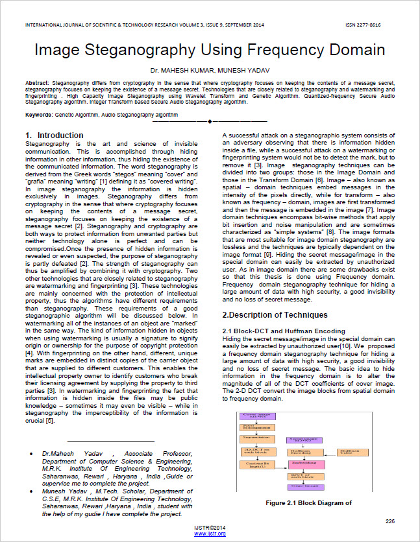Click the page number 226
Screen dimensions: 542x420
click(389, 521)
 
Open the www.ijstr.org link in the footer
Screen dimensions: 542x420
click(210, 533)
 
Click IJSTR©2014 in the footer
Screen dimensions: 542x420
click(210, 528)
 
